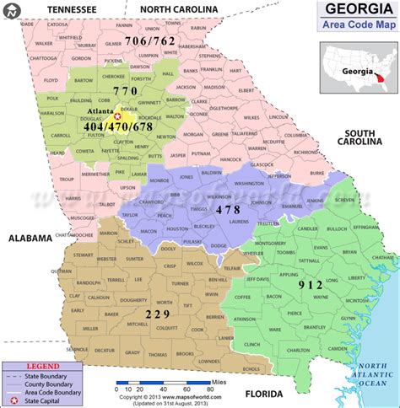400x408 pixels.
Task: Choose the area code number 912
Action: [x=311, y=285]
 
